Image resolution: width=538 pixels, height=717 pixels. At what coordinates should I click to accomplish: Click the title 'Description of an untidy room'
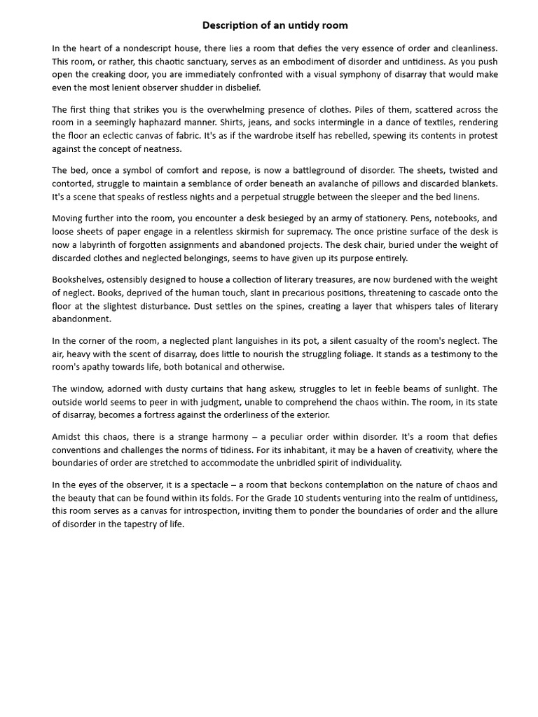click(275, 25)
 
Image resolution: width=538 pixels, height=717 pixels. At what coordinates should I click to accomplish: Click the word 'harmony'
click(204, 437)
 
